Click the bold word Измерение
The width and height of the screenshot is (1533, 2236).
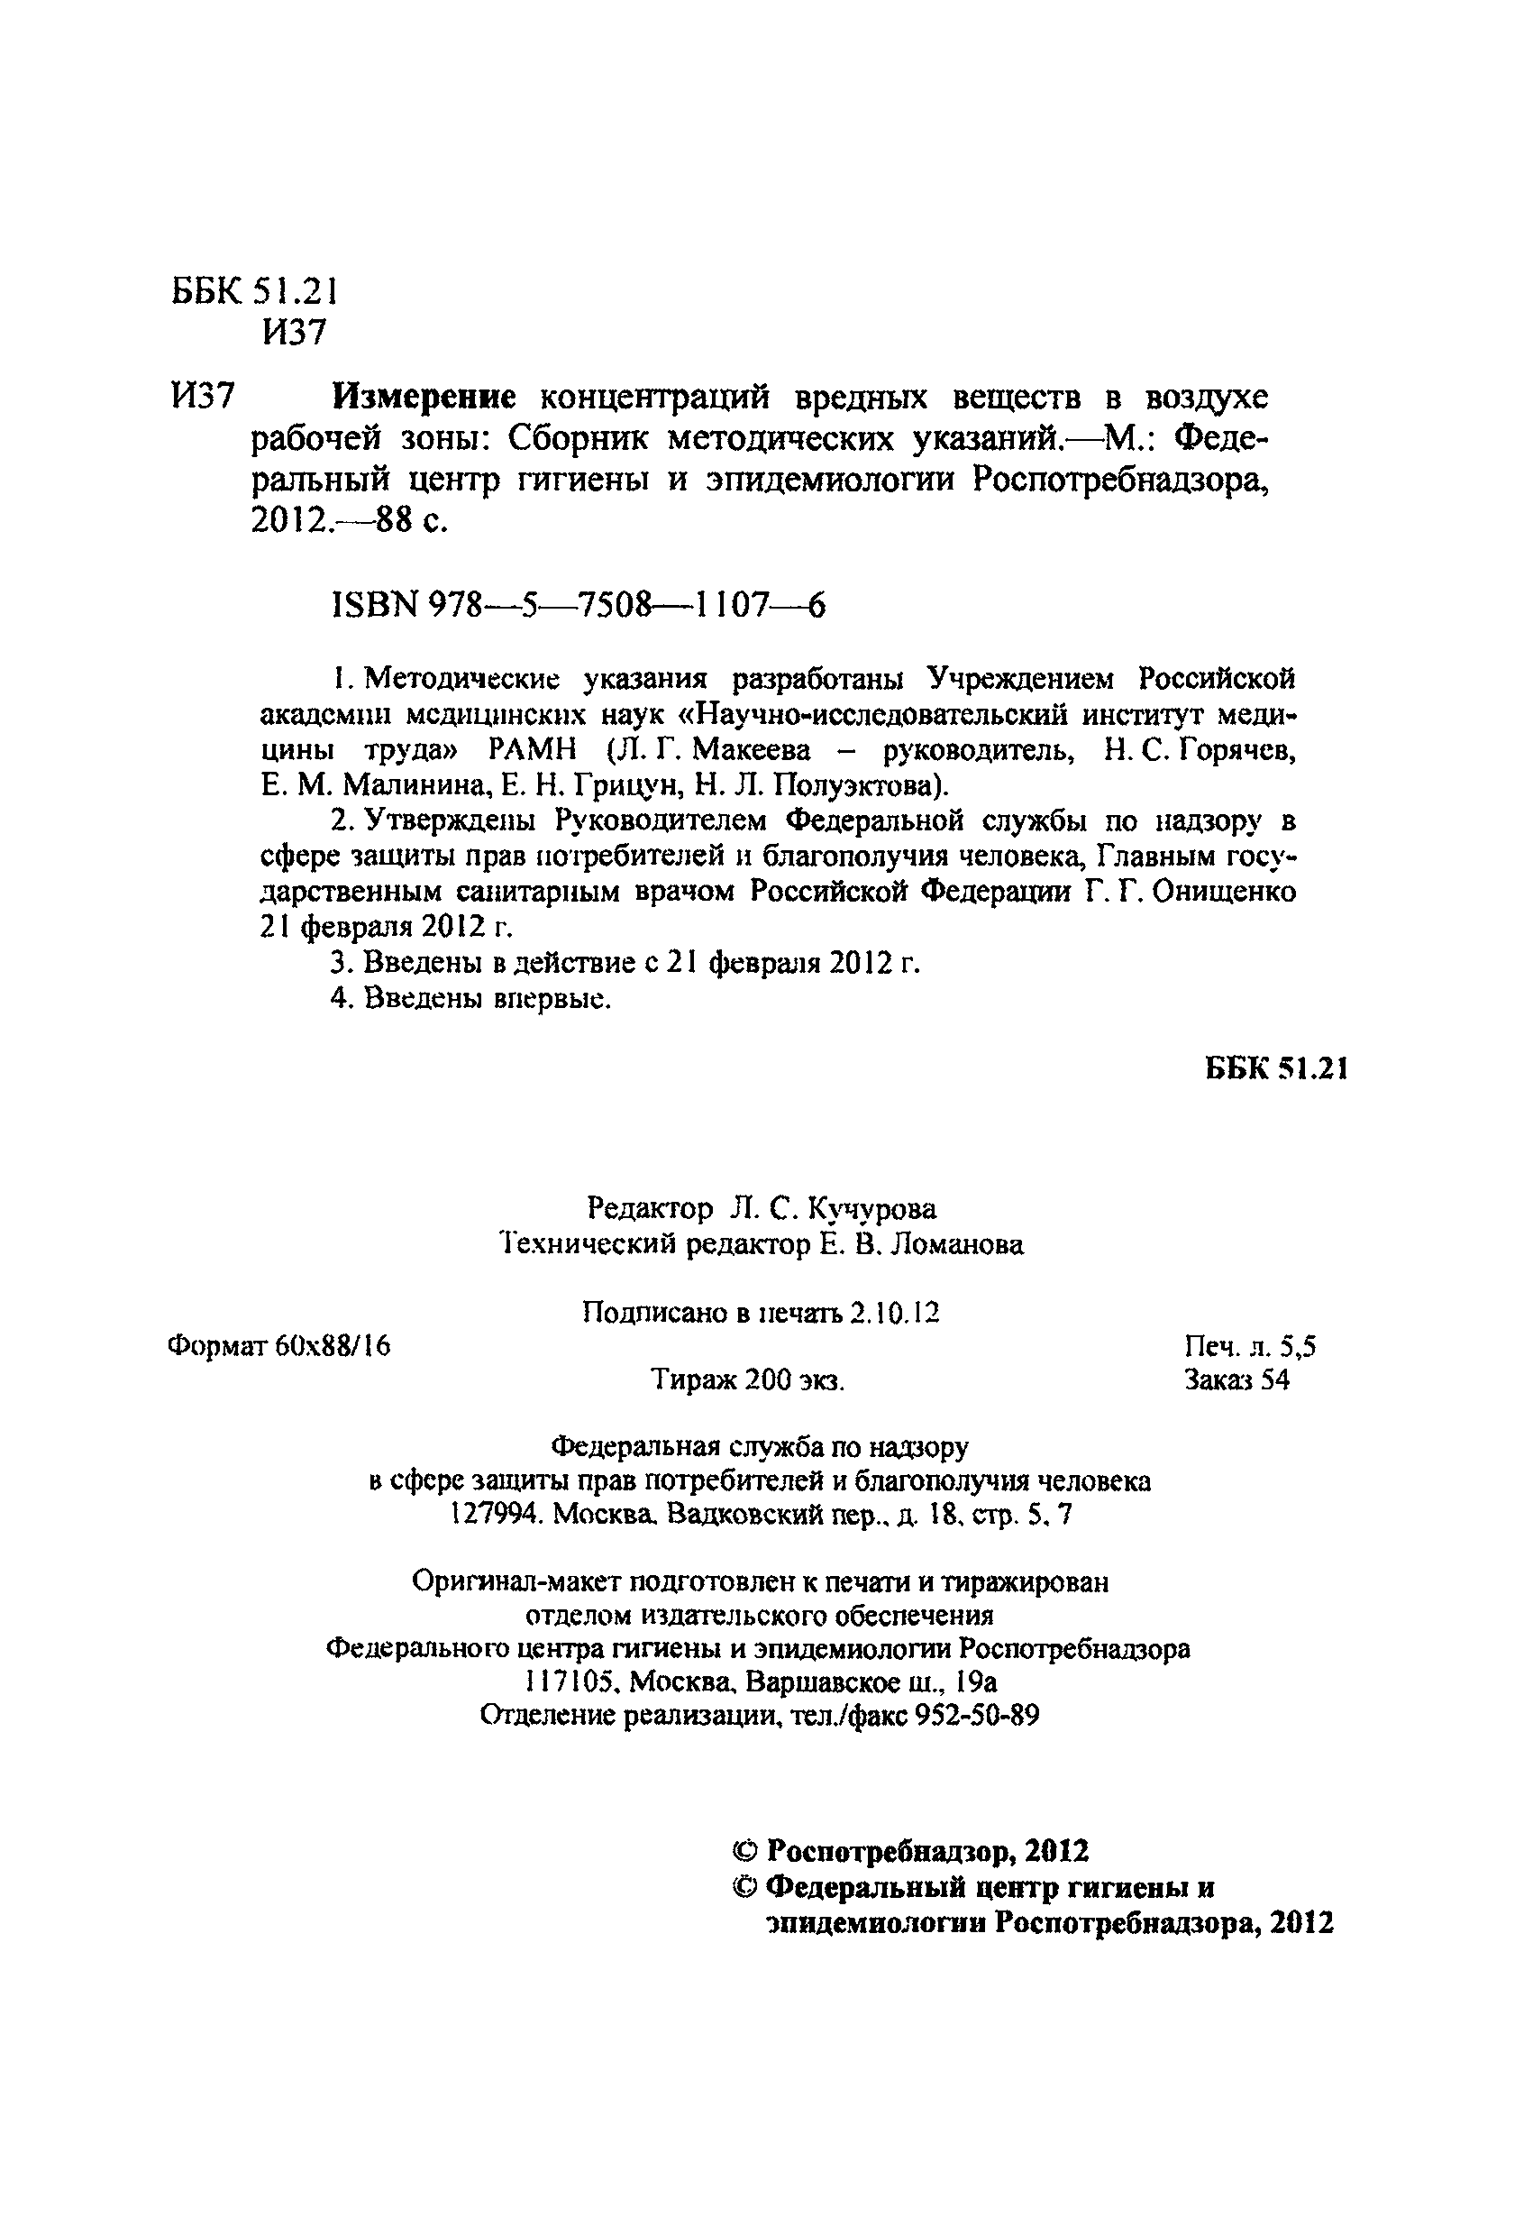(424, 397)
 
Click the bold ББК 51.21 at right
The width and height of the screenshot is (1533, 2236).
(1275, 1068)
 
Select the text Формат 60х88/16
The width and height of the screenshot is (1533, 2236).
(278, 1346)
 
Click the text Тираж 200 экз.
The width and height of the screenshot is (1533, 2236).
(748, 1380)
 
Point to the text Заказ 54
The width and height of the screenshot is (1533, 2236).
(1236, 1380)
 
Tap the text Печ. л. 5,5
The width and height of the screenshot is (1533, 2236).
(1249, 1346)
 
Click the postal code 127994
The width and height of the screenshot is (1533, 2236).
(497, 1516)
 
